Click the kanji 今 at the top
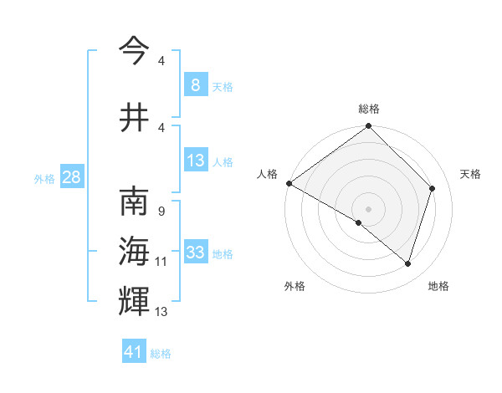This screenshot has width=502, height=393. (134, 51)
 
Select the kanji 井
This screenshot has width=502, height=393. (134, 116)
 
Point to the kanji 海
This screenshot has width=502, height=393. (134, 252)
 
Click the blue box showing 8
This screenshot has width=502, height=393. (195, 85)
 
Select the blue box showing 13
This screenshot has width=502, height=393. (195, 161)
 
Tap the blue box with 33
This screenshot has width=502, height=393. (195, 253)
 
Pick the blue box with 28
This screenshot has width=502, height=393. (71, 177)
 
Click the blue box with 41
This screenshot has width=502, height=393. (134, 353)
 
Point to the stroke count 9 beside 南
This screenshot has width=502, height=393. (161, 212)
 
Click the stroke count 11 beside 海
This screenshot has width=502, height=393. (161, 262)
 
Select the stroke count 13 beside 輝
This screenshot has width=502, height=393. (161, 312)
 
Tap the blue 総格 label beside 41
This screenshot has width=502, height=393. (161, 354)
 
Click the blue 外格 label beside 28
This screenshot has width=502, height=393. (44, 178)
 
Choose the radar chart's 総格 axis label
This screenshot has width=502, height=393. (368, 109)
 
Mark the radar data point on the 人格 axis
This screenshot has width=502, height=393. (289, 183)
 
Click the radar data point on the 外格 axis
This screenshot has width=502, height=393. (359, 222)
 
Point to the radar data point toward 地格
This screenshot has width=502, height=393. (408, 263)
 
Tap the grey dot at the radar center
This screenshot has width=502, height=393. (368, 208)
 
